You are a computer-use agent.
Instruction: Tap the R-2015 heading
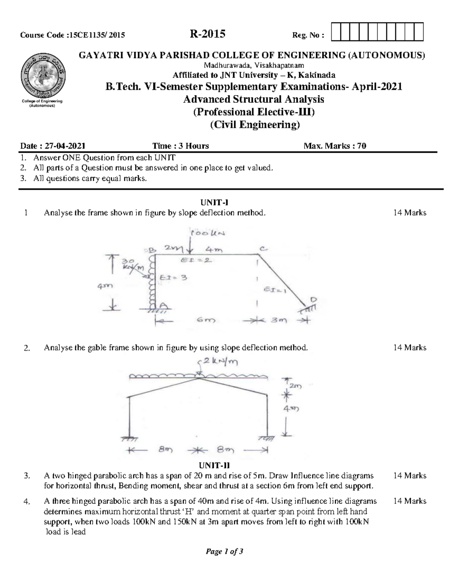(207, 34)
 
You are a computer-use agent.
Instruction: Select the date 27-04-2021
(65, 146)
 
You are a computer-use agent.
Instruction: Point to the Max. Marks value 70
(361, 146)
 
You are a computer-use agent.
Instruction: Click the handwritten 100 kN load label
(208, 233)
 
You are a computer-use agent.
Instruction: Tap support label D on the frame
(313, 299)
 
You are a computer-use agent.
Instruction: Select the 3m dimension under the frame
(279, 320)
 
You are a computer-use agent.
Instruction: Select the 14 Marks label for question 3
(410, 476)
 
